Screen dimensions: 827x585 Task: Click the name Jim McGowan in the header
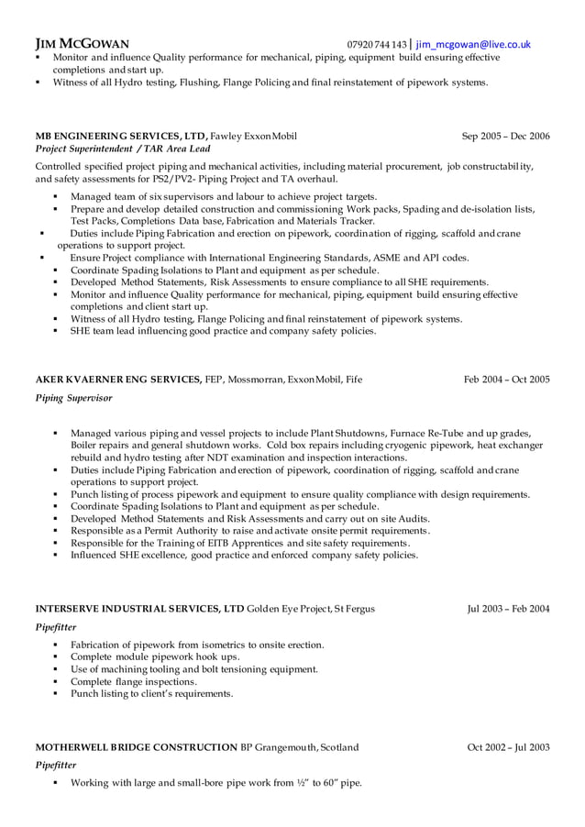pos(82,43)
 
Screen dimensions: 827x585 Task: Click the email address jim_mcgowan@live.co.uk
pos(473,43)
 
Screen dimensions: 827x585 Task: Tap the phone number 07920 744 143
pos(376,44)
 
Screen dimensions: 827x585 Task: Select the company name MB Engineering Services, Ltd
pos(121,136)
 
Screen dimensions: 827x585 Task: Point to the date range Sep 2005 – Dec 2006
pos(505,136)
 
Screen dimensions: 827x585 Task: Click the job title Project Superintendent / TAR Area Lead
pos(122,149)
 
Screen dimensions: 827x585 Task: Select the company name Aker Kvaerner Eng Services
pos(118,379)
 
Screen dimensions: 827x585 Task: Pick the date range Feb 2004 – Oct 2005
pos(506,379)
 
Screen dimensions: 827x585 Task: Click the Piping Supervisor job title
pos(73,399)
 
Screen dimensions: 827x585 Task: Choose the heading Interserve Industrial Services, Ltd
pos(139,608)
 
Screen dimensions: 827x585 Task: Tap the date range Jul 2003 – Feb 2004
pos(508,608)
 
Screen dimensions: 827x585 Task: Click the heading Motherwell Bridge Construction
pos(136,747)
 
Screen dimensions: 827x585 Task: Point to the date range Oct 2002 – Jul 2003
pos(508,747)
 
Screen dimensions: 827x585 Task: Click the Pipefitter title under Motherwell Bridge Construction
pos(55,765)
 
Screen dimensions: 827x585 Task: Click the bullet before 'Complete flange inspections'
pos(56,682)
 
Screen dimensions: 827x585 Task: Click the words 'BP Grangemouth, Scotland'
pos(300,747)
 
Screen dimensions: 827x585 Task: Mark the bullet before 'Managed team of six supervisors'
pos(56,197)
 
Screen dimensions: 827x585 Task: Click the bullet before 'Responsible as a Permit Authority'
pos(56,531)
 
